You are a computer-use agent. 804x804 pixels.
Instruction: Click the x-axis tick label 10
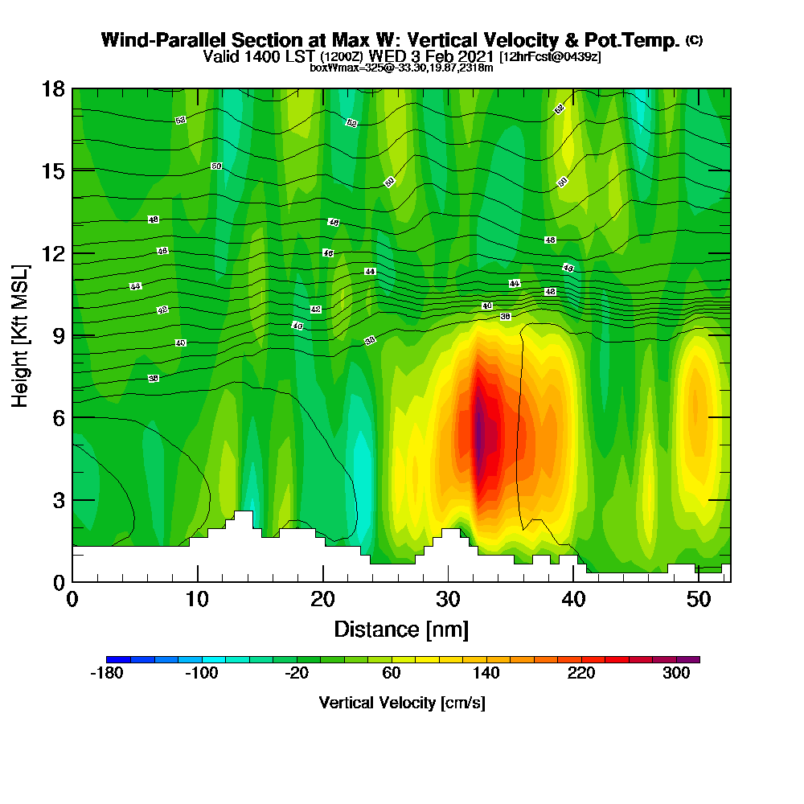[197, 600]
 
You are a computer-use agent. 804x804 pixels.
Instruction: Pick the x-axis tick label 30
[448, 600]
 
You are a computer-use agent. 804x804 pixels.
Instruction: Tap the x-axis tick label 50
[698, 600]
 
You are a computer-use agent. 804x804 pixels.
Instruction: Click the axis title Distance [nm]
[401, 629]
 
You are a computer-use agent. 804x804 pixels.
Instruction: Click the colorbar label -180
[106, 674]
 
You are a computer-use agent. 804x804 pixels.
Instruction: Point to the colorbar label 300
[676, 674]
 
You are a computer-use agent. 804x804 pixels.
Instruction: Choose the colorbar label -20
[297, 674]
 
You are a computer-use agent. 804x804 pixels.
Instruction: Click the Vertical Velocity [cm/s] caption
[402, 703]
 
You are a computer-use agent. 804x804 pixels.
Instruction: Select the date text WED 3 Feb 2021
[432, 56]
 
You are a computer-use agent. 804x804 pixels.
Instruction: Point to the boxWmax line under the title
[401, 68]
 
